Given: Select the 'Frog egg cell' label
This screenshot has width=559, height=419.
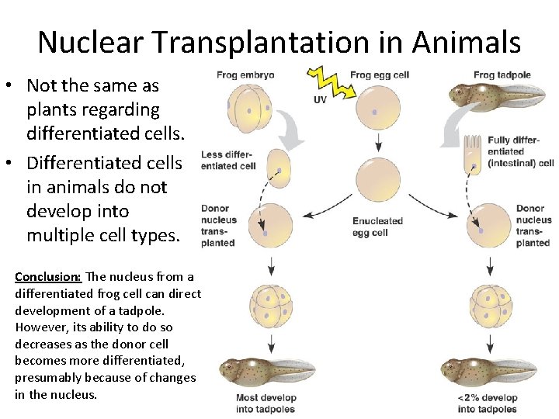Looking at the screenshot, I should click(380, 75).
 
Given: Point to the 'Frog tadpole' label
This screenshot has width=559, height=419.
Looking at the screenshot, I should click(502, 75).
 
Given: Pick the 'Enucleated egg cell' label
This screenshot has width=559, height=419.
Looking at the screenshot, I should click(377, 227).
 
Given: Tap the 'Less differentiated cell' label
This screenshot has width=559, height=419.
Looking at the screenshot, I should click(228, 160).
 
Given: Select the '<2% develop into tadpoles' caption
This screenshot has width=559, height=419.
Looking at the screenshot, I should click(487, 403).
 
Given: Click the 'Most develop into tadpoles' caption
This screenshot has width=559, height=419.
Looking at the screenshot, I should click(266, 403).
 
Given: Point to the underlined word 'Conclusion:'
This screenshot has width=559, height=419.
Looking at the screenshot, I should click(48, 277).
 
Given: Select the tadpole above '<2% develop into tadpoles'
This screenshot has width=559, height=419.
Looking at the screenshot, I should click(488, 370).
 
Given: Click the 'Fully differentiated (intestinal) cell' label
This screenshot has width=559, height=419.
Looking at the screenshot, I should click(520, 151).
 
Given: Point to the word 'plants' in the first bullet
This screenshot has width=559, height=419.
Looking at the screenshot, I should click(52, 109).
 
